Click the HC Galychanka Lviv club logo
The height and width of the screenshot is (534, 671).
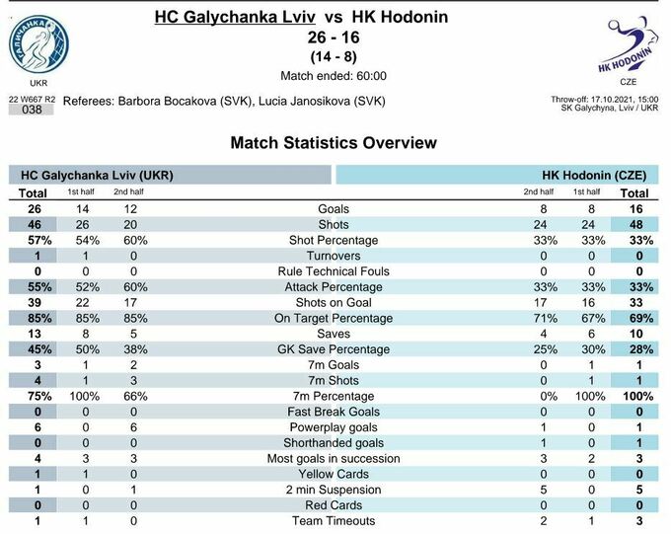click(x=38, y=44)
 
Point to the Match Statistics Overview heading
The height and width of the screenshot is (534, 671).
click(x=334, y=143)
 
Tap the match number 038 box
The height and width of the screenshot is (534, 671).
click(x=32, y=110)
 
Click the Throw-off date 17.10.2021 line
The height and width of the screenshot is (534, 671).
click(x=604, y=99)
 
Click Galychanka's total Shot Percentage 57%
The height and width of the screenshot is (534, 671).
click(x=34, y=240)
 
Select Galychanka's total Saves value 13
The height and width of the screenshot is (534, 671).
click(x=34, y=334)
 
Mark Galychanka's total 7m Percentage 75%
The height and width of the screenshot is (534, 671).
click(x=34, y=396)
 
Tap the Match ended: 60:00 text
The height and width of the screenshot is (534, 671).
click(x=334, y=76)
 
